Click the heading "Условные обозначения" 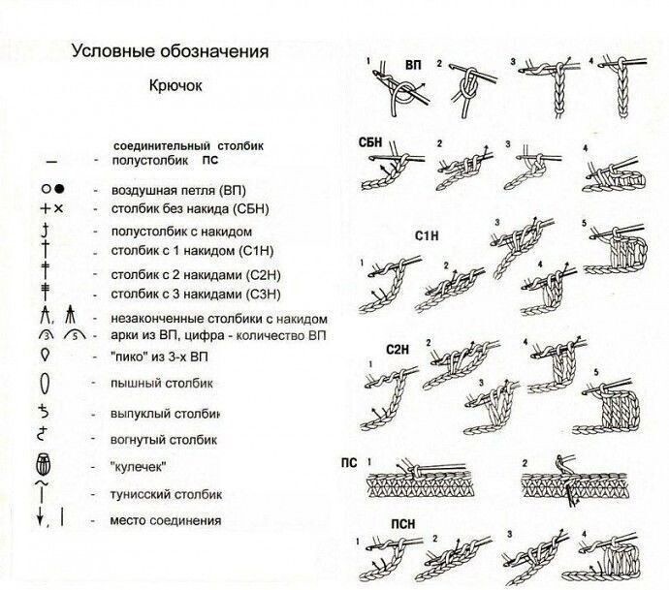click(170, 50)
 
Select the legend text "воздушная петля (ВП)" click(178, 188)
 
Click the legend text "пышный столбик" click(161, 383)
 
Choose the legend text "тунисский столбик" click(167, 492)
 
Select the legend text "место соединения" click(166, 520)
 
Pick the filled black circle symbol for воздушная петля click(59, 188)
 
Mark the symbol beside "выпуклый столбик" click(44, 411)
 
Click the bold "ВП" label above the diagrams click(412, 65)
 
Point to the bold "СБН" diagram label click(369, 142)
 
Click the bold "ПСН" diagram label click(403, 525)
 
